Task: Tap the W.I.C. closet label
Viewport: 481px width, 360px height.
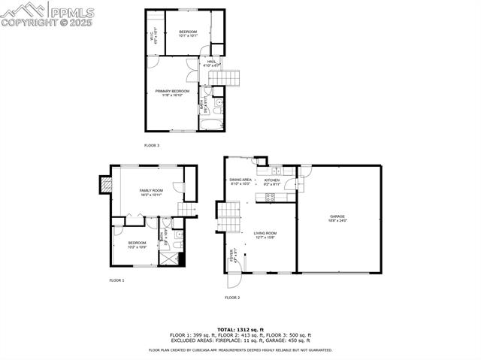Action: click(153, 35)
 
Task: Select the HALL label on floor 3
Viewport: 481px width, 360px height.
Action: click(212, 63)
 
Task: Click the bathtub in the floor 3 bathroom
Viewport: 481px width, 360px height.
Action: click(208, 122)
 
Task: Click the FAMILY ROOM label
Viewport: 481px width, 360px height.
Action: click(151, 192)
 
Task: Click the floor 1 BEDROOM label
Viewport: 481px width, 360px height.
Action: click(137, 244)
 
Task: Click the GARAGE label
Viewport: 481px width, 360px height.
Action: click(337, 218)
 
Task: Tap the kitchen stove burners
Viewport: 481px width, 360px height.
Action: click(270, 198)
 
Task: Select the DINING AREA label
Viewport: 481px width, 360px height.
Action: click(240, 181)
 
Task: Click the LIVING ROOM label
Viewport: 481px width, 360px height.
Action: click(265, 235)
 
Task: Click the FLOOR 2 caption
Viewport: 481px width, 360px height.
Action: click(232, 298)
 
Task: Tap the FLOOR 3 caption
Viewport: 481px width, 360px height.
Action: click(152, 145)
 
